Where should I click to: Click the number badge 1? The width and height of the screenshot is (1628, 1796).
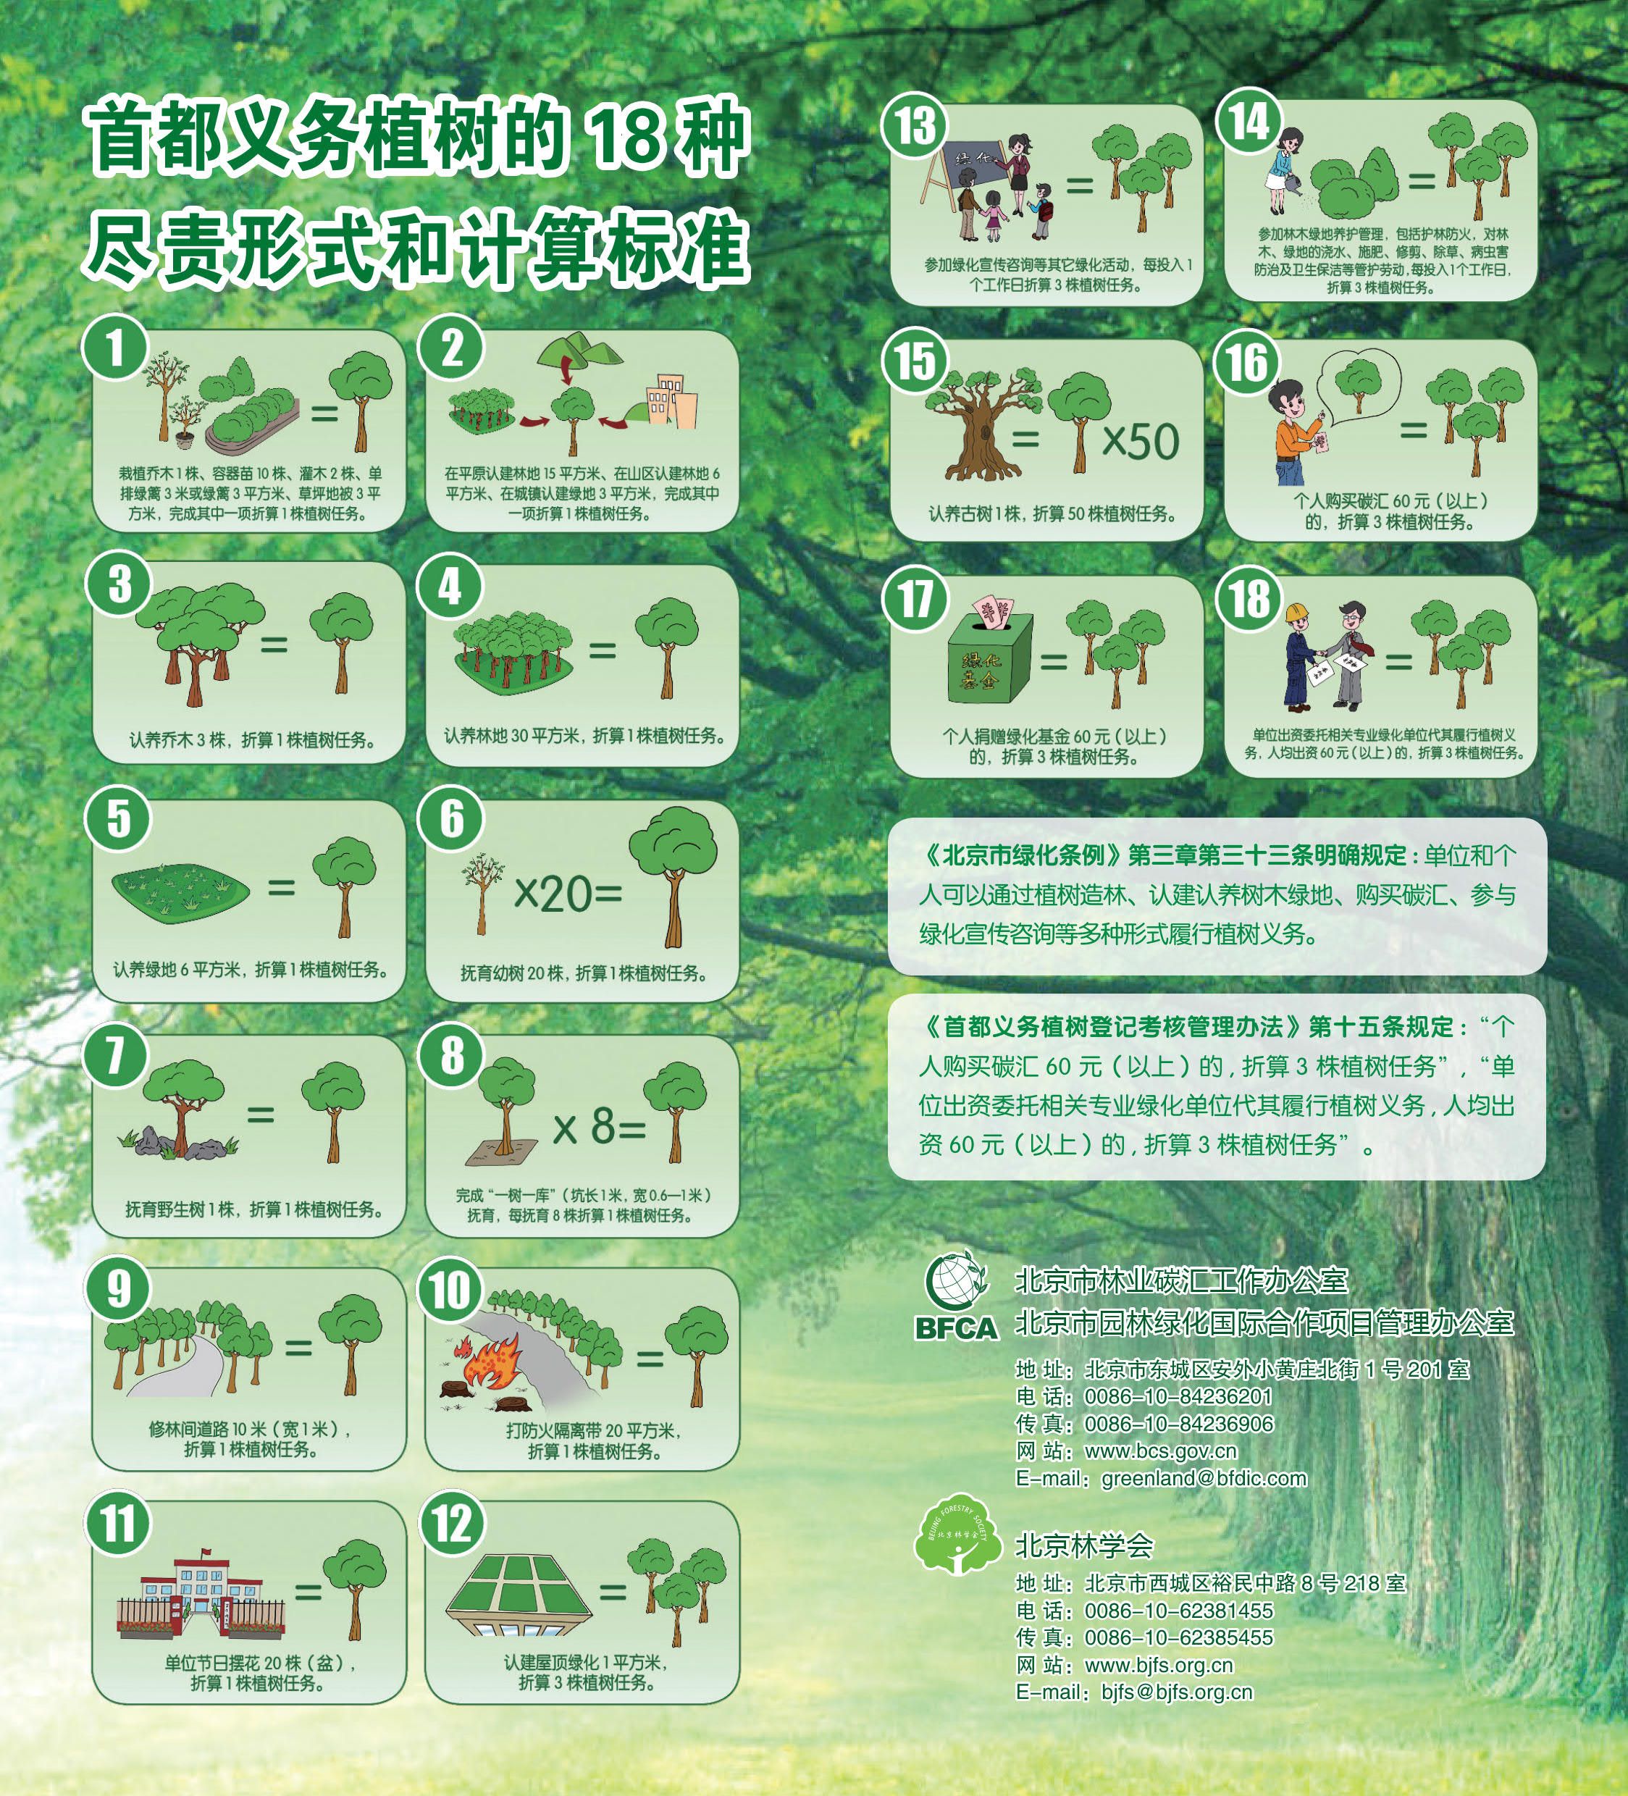pos(115,348)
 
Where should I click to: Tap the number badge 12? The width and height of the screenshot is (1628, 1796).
pos(452,1524)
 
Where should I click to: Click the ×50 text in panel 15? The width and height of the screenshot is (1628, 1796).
pos(1141,441)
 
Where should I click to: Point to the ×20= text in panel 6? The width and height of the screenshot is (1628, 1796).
pos(568,894)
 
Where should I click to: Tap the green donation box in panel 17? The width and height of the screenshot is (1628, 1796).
pos(989,658)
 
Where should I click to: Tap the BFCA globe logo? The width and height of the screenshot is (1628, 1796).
pos(956,1282)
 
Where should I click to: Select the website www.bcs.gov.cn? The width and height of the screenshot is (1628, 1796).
pos(1160,1451)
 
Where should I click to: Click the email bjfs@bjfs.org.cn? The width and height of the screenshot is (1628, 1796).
pos(1177,1692)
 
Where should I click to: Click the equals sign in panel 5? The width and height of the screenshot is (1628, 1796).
pos(282,887)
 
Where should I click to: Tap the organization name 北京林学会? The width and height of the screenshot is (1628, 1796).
pos(1084,1545)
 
